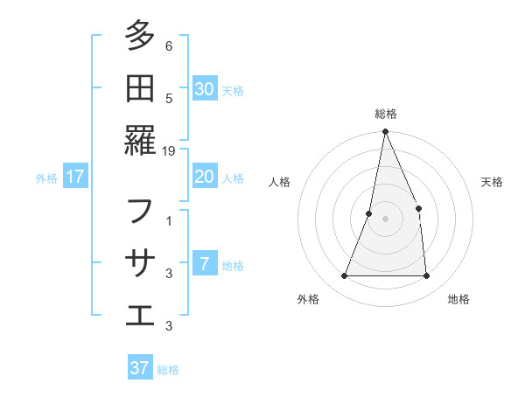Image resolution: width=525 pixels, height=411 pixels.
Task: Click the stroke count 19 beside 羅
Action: coord(170,150)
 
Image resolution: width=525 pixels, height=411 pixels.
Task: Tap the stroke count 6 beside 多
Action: coord(169,46)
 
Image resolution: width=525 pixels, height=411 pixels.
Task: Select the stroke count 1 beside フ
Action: coord(169,221)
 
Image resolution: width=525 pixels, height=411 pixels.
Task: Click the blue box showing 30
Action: coord(205,88)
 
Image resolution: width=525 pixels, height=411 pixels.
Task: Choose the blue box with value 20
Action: coord(205,177)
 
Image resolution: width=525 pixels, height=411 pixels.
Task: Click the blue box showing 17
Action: coord(75,177)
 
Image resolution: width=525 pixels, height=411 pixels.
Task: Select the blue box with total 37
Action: coord(140,367)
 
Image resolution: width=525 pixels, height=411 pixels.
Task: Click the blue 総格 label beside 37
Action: coord(168,369)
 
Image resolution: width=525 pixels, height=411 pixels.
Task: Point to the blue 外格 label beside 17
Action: coord(46,178)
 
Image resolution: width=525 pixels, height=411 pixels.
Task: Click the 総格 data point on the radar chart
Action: coord(385,132)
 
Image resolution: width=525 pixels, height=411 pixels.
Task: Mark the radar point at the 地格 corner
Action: coord(426,276)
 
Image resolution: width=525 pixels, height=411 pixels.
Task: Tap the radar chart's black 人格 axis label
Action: coord(280,182)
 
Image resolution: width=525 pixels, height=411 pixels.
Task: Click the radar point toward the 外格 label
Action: coord(344,276)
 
